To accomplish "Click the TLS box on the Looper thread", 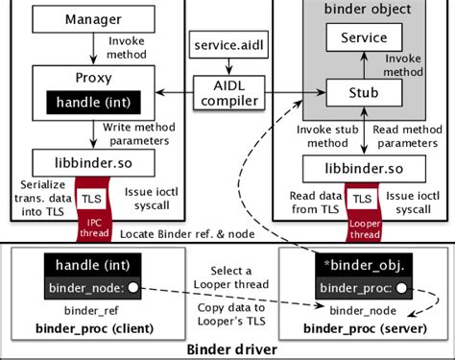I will tap(361, 199).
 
